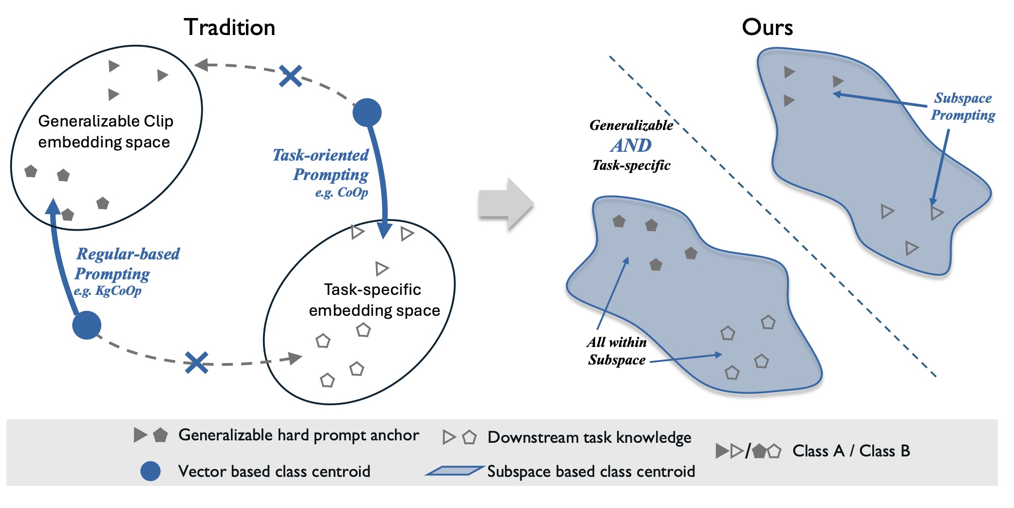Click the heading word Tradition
click(229, 27)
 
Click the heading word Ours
click(767, 27)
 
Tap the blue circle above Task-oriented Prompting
click(367, 112)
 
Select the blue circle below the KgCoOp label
click(87, 325)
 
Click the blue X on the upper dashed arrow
click(291, 76)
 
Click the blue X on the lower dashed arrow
click(197, 363)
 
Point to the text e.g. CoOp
click(341, 193)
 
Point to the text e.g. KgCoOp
click(108, 291)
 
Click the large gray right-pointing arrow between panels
click(506, 204)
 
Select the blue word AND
click(631, 145)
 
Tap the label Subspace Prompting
click(963, 107)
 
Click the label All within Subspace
click(617, 351)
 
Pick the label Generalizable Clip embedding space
click(105, 131)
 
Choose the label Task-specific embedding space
click(374, 300)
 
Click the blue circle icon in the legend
click(150, 471)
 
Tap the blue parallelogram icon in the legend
click(454, 471)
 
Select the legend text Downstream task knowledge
click(589, 437)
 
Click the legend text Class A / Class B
click(851, 451)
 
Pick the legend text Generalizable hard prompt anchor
click(299, 435)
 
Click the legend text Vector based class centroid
click(274, 471)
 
